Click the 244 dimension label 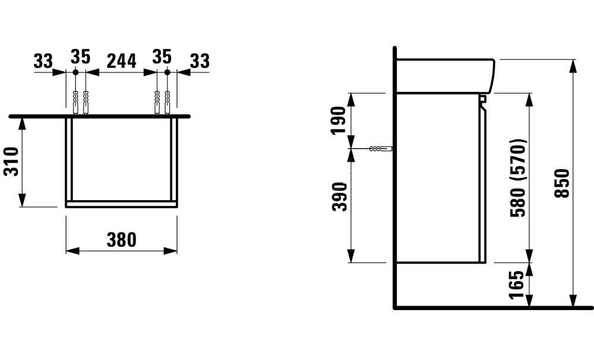[x=121, y=60]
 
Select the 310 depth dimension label [x=12, y=162]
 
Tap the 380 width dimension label [x=121, y=240]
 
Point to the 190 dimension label [x=338, y=120]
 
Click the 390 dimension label [x=338, y=196]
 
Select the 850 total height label [x=562, y=184]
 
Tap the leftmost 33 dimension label [x=43, y=60]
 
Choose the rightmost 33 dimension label [x=200, y=60]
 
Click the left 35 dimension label [x=80, y=58]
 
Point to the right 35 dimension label [x=161, y=58]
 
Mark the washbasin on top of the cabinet [x=444, y=75]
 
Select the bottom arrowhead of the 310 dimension [x=23, y=203]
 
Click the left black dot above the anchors [x=75, y=72]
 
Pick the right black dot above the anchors [x=167, y=72]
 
